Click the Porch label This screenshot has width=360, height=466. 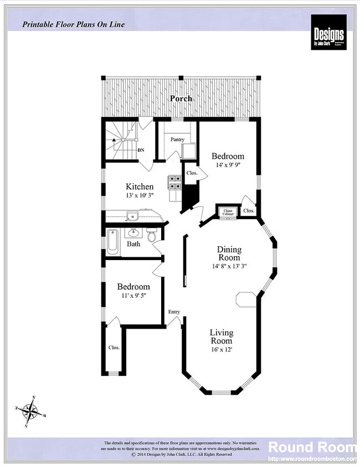pyautogui.click(x=181, y=99)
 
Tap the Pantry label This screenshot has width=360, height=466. pyautogui.click(x=177, y=139)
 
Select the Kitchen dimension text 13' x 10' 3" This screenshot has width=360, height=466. pyautogui.click(x=140, y=195)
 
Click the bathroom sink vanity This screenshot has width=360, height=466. pyautogui.click(x=133, y=232)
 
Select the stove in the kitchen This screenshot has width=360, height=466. pyautogui.click(x=175, y=182)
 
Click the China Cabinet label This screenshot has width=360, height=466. pyautogui.click(x=228, y=211)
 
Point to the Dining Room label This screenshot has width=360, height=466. pyautogui.click(x=229, y=253)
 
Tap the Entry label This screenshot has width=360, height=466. pyautogui.click(x=174, y=312)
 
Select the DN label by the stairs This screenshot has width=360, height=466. pyautogui.click(x=141, y=150)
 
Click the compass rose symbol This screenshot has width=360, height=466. pyautogui.click(x=32, y=411)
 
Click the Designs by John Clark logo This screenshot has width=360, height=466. pyautogui.click(x=328, y=32)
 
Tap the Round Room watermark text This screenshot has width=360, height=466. pyautogui.click(x=312, y=447)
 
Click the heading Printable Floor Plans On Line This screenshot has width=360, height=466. pyautogui.click(x=74, y=24)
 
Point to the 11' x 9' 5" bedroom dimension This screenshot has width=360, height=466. pyautogui.click(x=133, y=296)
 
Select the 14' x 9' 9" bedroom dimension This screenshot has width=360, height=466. pyautogui.click(x=228, y=165)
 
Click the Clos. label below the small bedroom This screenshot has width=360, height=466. pyautogui.click(x=114, y=348)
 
